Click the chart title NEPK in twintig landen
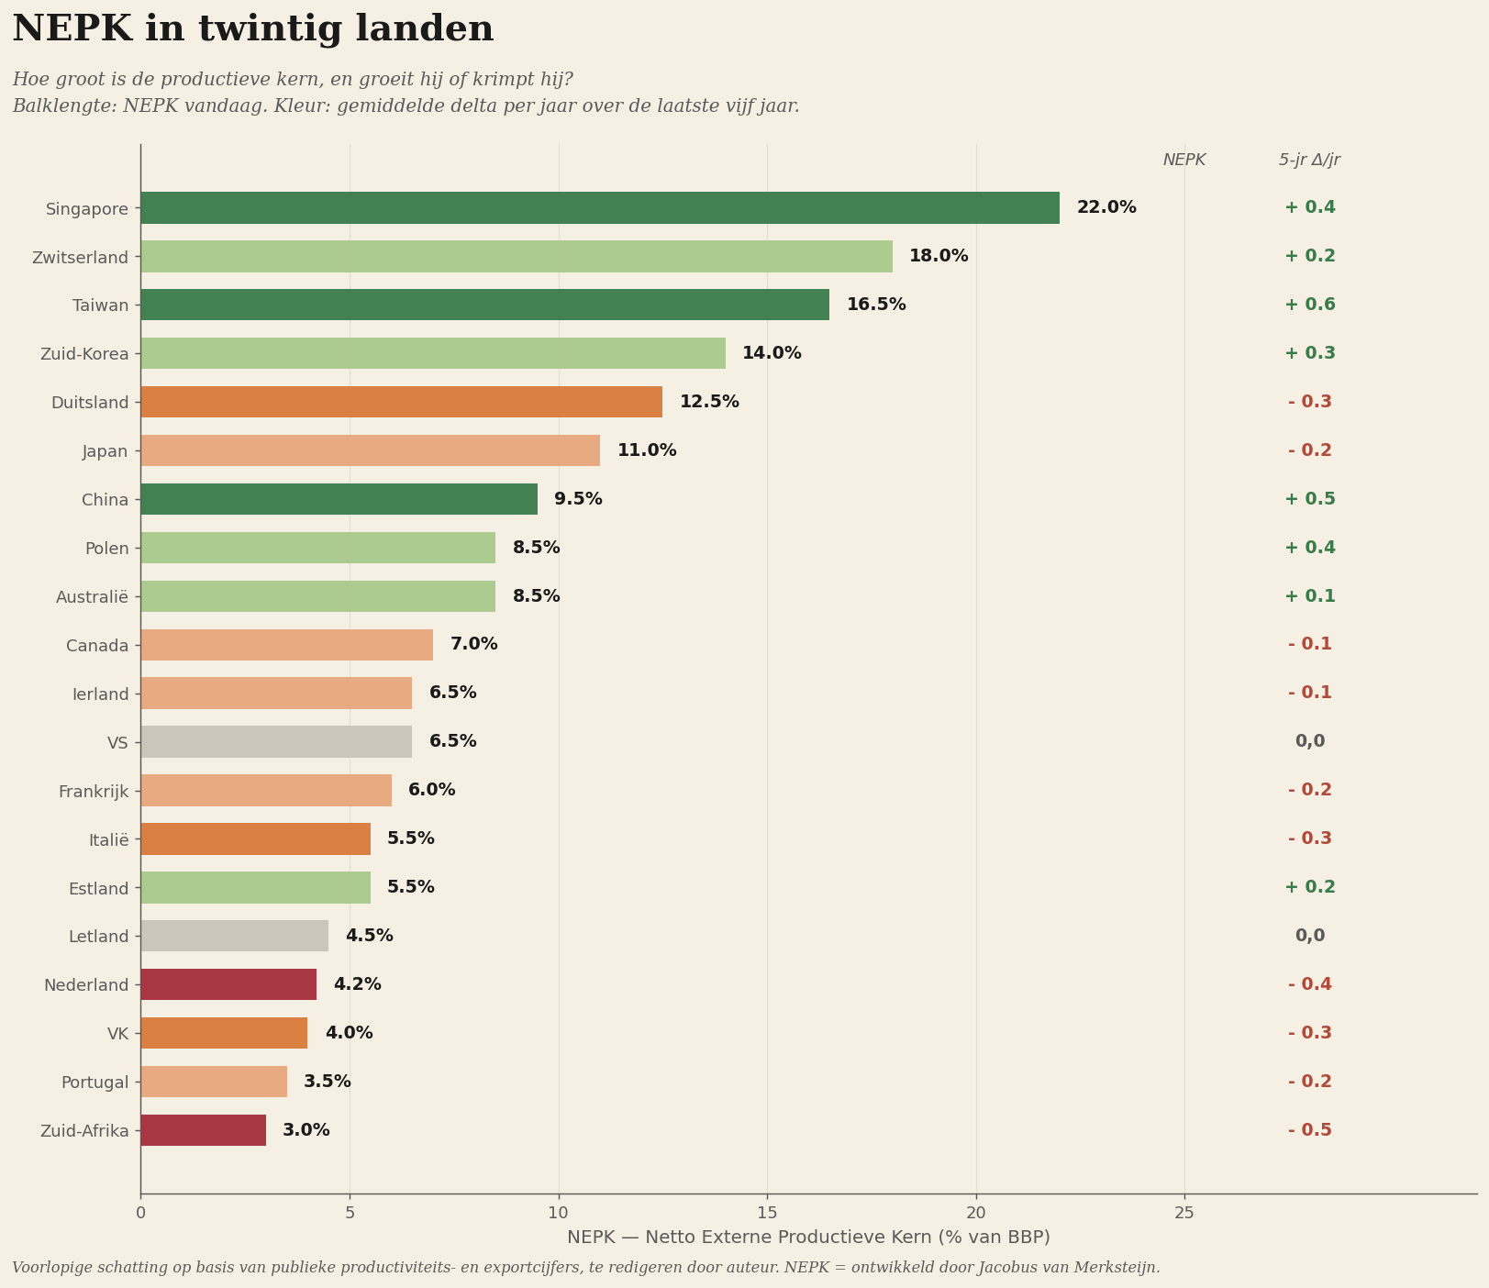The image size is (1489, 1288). coord(253,29)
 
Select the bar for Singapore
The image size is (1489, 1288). coord(600,207)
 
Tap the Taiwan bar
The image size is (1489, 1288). coord(485,305)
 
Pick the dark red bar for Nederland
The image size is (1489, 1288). coord(228,984)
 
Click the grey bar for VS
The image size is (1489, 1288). coord(276,741)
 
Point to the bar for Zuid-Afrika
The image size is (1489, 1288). coord(204,1130)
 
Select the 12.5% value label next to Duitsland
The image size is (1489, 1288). coord(709,402)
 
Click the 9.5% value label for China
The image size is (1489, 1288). coord(578,499)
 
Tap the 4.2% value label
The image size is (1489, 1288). coord(357,984)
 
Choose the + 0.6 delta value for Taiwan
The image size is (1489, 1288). coord(1310,305)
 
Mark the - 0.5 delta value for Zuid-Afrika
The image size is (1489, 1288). coord(1310,1130)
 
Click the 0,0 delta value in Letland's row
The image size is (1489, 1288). coord(1310,936)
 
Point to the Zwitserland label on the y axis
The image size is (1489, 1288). coord(80,257)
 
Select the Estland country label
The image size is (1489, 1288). coord(98,888)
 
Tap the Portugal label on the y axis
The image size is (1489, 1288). coord(94,1083)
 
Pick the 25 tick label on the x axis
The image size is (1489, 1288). coord(1184,1213)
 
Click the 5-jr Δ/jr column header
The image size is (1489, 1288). coord(1310,160)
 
